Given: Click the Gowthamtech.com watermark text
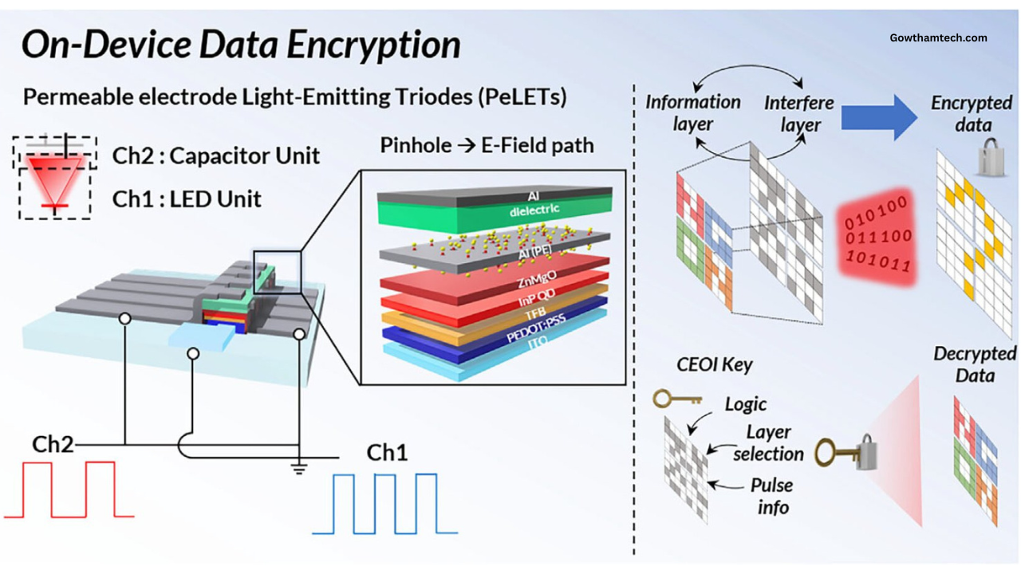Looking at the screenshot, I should (x=938, y=37).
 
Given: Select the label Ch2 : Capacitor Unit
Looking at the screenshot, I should (x=215, y=155).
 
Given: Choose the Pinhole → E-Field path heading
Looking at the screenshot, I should (x=487, y=146).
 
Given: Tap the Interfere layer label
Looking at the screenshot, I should (x=800, y=114).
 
